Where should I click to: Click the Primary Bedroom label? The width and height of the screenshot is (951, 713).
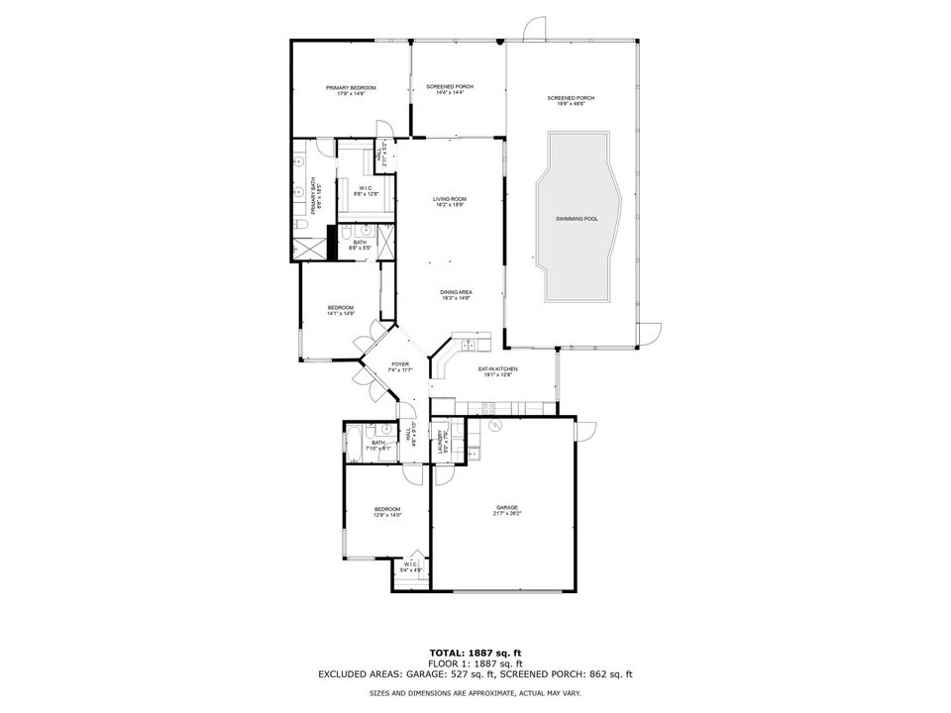[351, 91]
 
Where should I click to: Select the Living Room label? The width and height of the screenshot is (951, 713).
[450, 202]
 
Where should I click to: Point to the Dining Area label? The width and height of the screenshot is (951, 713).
[457, 294]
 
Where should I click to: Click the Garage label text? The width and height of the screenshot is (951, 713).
[507, 511]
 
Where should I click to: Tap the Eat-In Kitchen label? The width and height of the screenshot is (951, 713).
[498, 371]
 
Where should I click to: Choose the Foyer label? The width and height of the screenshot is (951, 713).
[399, 367]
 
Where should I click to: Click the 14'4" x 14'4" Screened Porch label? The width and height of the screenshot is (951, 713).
[450, 89]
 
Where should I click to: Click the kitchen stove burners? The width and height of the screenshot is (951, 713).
[487, 407]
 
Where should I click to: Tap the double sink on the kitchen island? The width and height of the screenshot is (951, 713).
[469, 345]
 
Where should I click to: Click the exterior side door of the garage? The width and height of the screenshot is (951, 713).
[584, 430]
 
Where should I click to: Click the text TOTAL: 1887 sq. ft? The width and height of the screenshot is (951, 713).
[475, 653]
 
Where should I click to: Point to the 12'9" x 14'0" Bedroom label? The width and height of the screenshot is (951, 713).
[387, 512]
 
